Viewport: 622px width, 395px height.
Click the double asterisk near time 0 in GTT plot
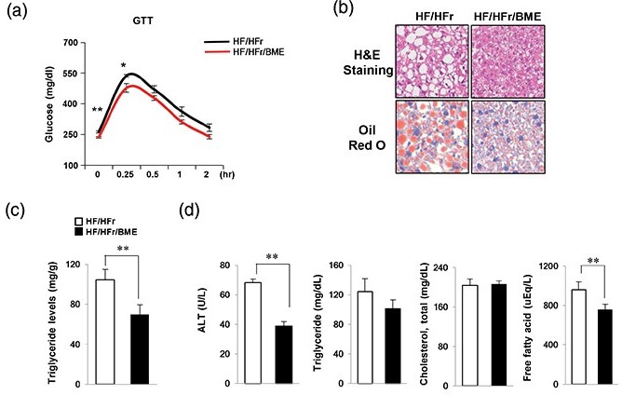97,110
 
